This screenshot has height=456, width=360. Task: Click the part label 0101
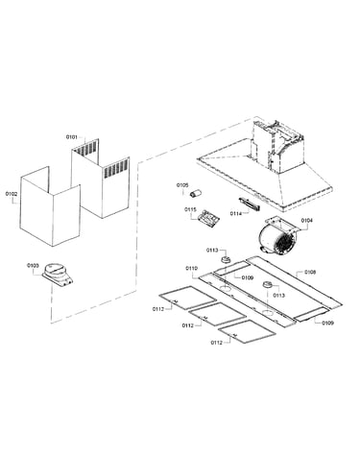(x=72, y=137)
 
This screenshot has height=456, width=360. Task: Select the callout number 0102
(x=12, y=194)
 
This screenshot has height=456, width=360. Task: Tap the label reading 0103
(x=33, y=265)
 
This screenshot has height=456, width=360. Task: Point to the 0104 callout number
(x=307, y=221)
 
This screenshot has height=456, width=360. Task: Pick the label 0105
(x=182, y=185)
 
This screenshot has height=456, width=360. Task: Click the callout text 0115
(x=190, y=209)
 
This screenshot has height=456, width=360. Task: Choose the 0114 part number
(x=236, y=213)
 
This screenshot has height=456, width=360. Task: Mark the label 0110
(x=192, y=268)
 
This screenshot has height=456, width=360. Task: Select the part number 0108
(x=310, y=272)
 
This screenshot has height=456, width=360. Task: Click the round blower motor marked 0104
(x=278, y=237)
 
